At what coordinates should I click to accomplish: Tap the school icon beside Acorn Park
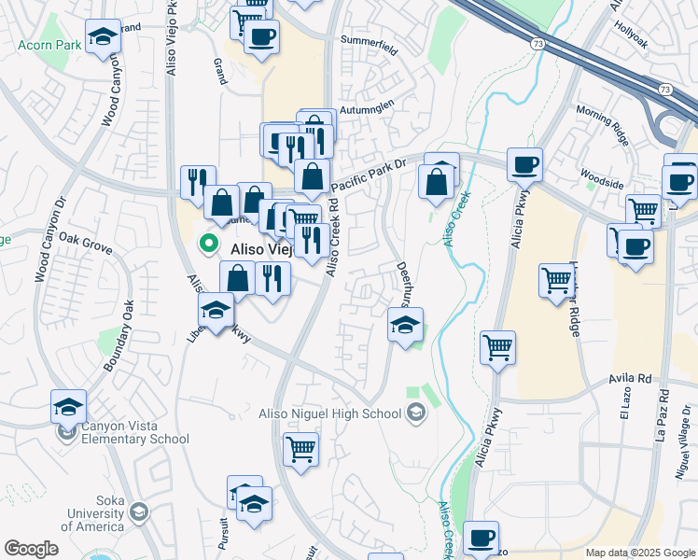[102, 38]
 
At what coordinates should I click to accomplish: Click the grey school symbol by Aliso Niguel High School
[416, 413]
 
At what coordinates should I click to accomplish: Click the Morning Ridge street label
[603, 123]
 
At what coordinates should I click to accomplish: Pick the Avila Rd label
[629, 379]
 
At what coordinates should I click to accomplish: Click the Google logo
[31, 549]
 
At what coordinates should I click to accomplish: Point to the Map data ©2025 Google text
[640, 553]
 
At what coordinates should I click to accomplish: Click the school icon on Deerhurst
[405, 325]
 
